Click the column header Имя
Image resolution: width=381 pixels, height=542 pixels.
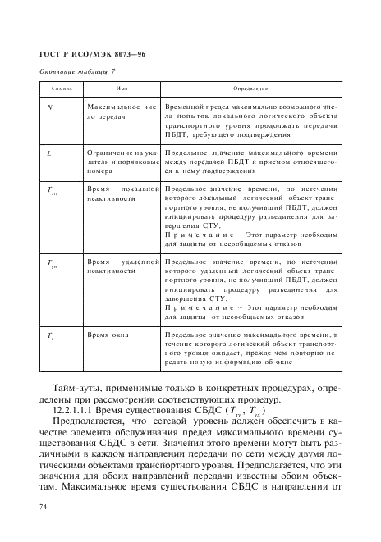(x=122, y=88)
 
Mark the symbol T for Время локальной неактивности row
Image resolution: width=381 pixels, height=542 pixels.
(x=52, y=190)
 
